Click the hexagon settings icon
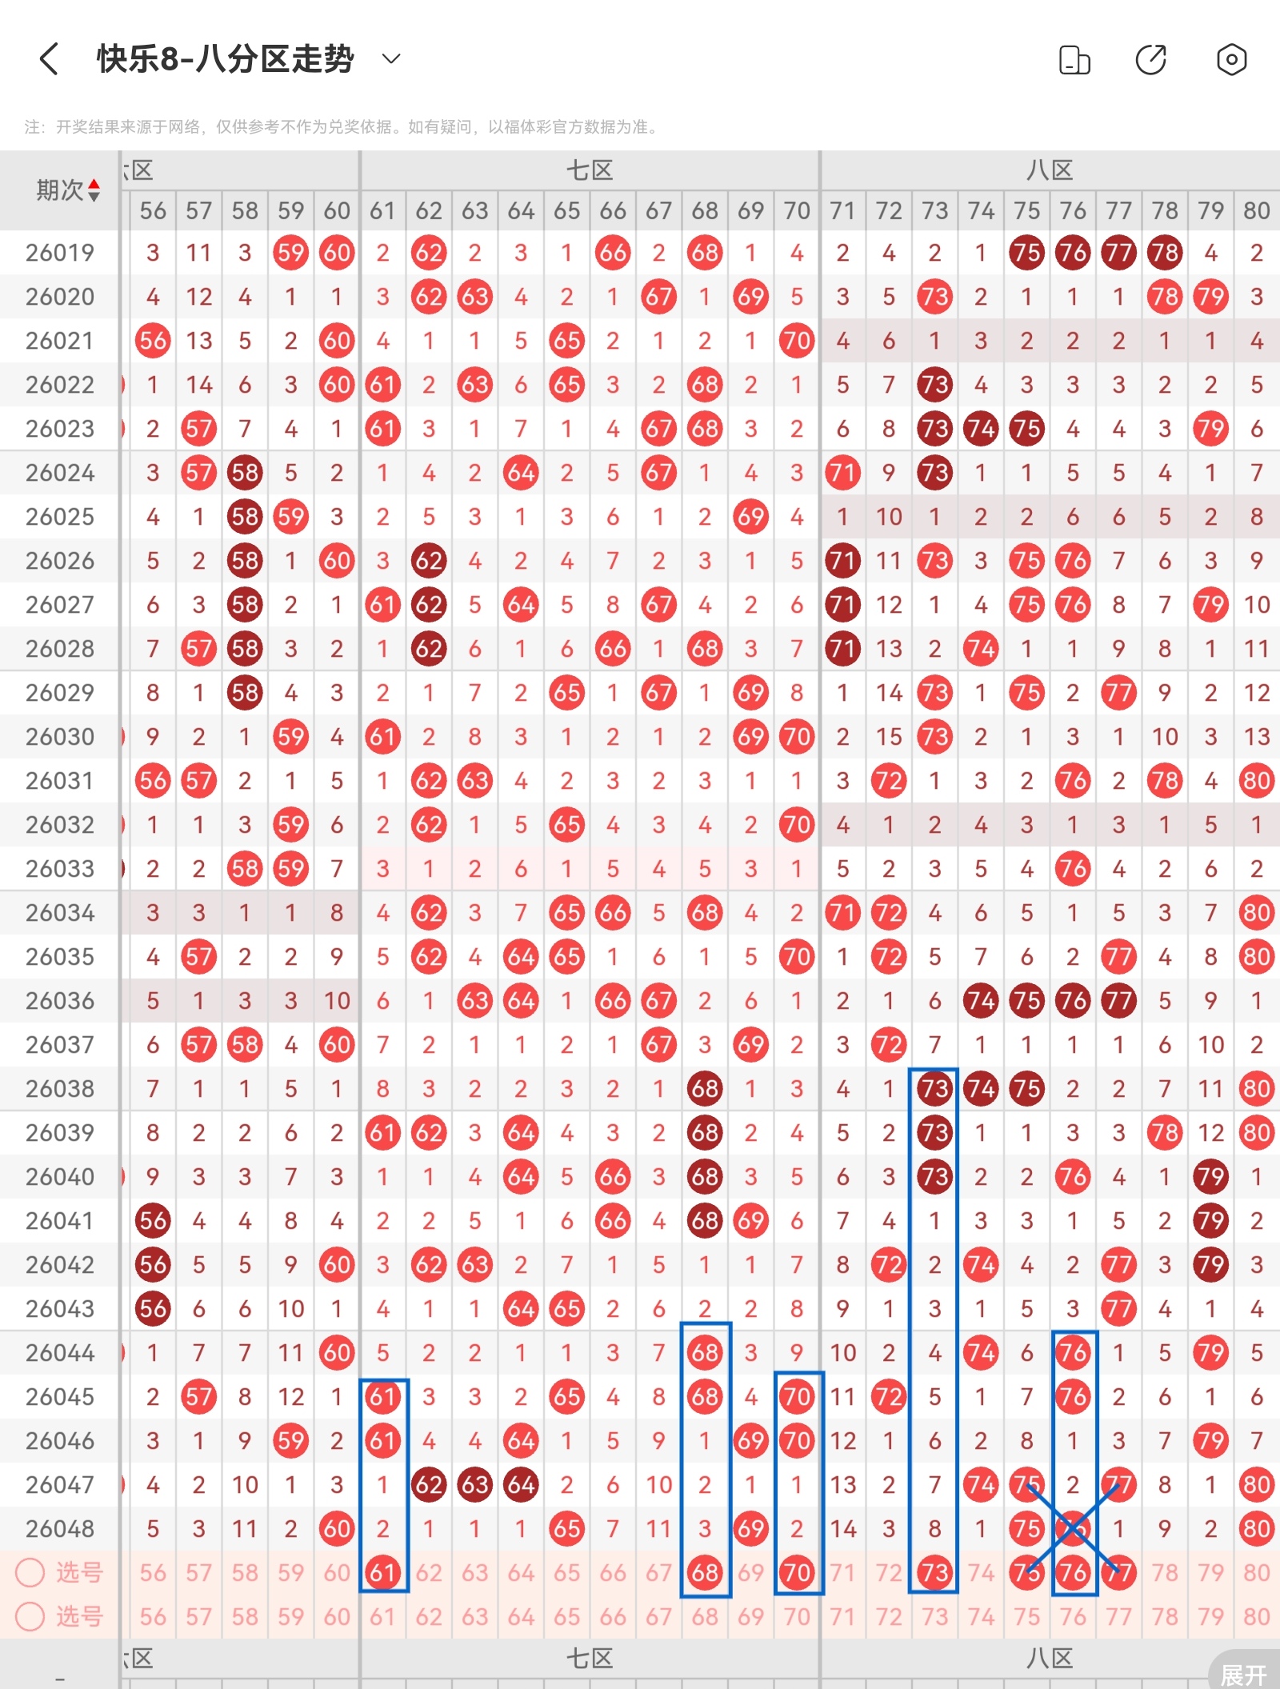1231,59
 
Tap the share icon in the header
1151,59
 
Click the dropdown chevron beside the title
391,58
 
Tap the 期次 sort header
68,190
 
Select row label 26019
60,253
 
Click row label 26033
60,869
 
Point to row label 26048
60,1529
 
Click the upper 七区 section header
590,170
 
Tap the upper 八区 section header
1050,170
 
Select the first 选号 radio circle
30,1572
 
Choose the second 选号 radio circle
30,1616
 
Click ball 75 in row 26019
1026,253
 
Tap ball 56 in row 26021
153,341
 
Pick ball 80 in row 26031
1256,781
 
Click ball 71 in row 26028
842,649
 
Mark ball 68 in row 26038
705,1089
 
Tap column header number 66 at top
613,210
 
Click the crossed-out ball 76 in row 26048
1072,1529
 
